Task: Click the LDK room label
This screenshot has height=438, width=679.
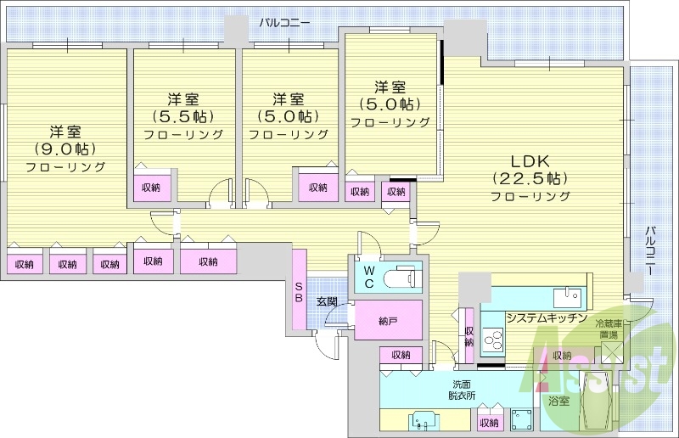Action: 530,160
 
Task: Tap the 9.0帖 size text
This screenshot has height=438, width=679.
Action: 65,149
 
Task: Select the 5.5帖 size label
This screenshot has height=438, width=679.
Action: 182,116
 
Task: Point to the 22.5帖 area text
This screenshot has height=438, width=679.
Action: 530,178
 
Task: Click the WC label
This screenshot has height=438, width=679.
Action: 369,278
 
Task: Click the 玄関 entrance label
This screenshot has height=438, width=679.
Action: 328,302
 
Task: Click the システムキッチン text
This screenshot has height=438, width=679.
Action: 547,317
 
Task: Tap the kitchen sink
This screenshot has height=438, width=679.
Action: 566,298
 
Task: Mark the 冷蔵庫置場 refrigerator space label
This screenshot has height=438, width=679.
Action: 609,329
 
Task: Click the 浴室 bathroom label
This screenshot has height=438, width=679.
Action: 559,400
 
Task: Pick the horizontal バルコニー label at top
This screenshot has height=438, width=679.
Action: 285,22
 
